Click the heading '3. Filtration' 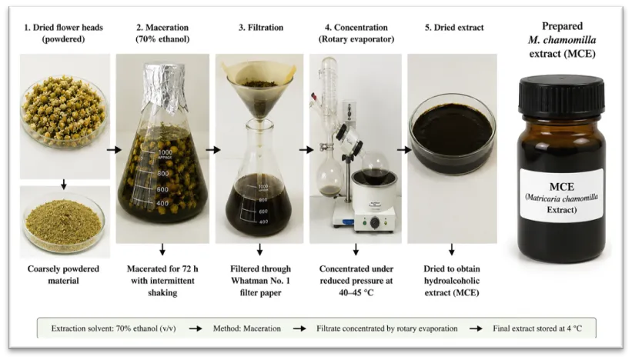pos(261,28)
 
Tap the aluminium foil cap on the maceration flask pos(162,87)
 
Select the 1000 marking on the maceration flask pos(166,152)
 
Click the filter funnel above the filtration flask pos(259,92)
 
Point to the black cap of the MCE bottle pos(561,96)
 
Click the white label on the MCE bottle pos(561,198)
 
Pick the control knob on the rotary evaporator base pos(375,222)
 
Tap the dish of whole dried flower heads pos(65,110)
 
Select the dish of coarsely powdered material pos(64,223)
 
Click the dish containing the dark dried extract pos(452,134)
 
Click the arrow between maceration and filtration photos pos(212,150)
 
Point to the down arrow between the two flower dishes pos(63,185)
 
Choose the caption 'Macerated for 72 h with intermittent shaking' pos(162,281)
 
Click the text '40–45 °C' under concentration pos(356,293)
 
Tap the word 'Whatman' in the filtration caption pos(246,281)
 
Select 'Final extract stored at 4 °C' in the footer pos(537,328)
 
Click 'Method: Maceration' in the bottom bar pos(246,328)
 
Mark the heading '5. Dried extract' pos(454,28)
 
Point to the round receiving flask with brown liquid pos(330,178)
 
